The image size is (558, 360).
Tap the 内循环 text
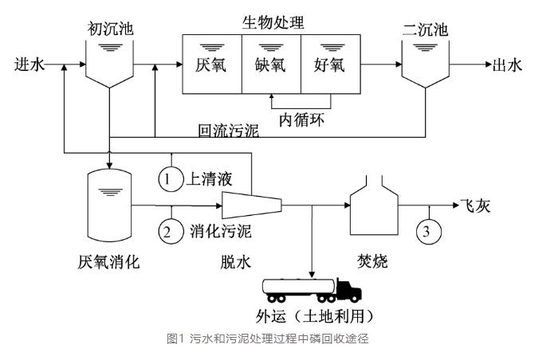point(301,119)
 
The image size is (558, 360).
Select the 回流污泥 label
point(228,130)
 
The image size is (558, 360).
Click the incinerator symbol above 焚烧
point(373,209)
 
